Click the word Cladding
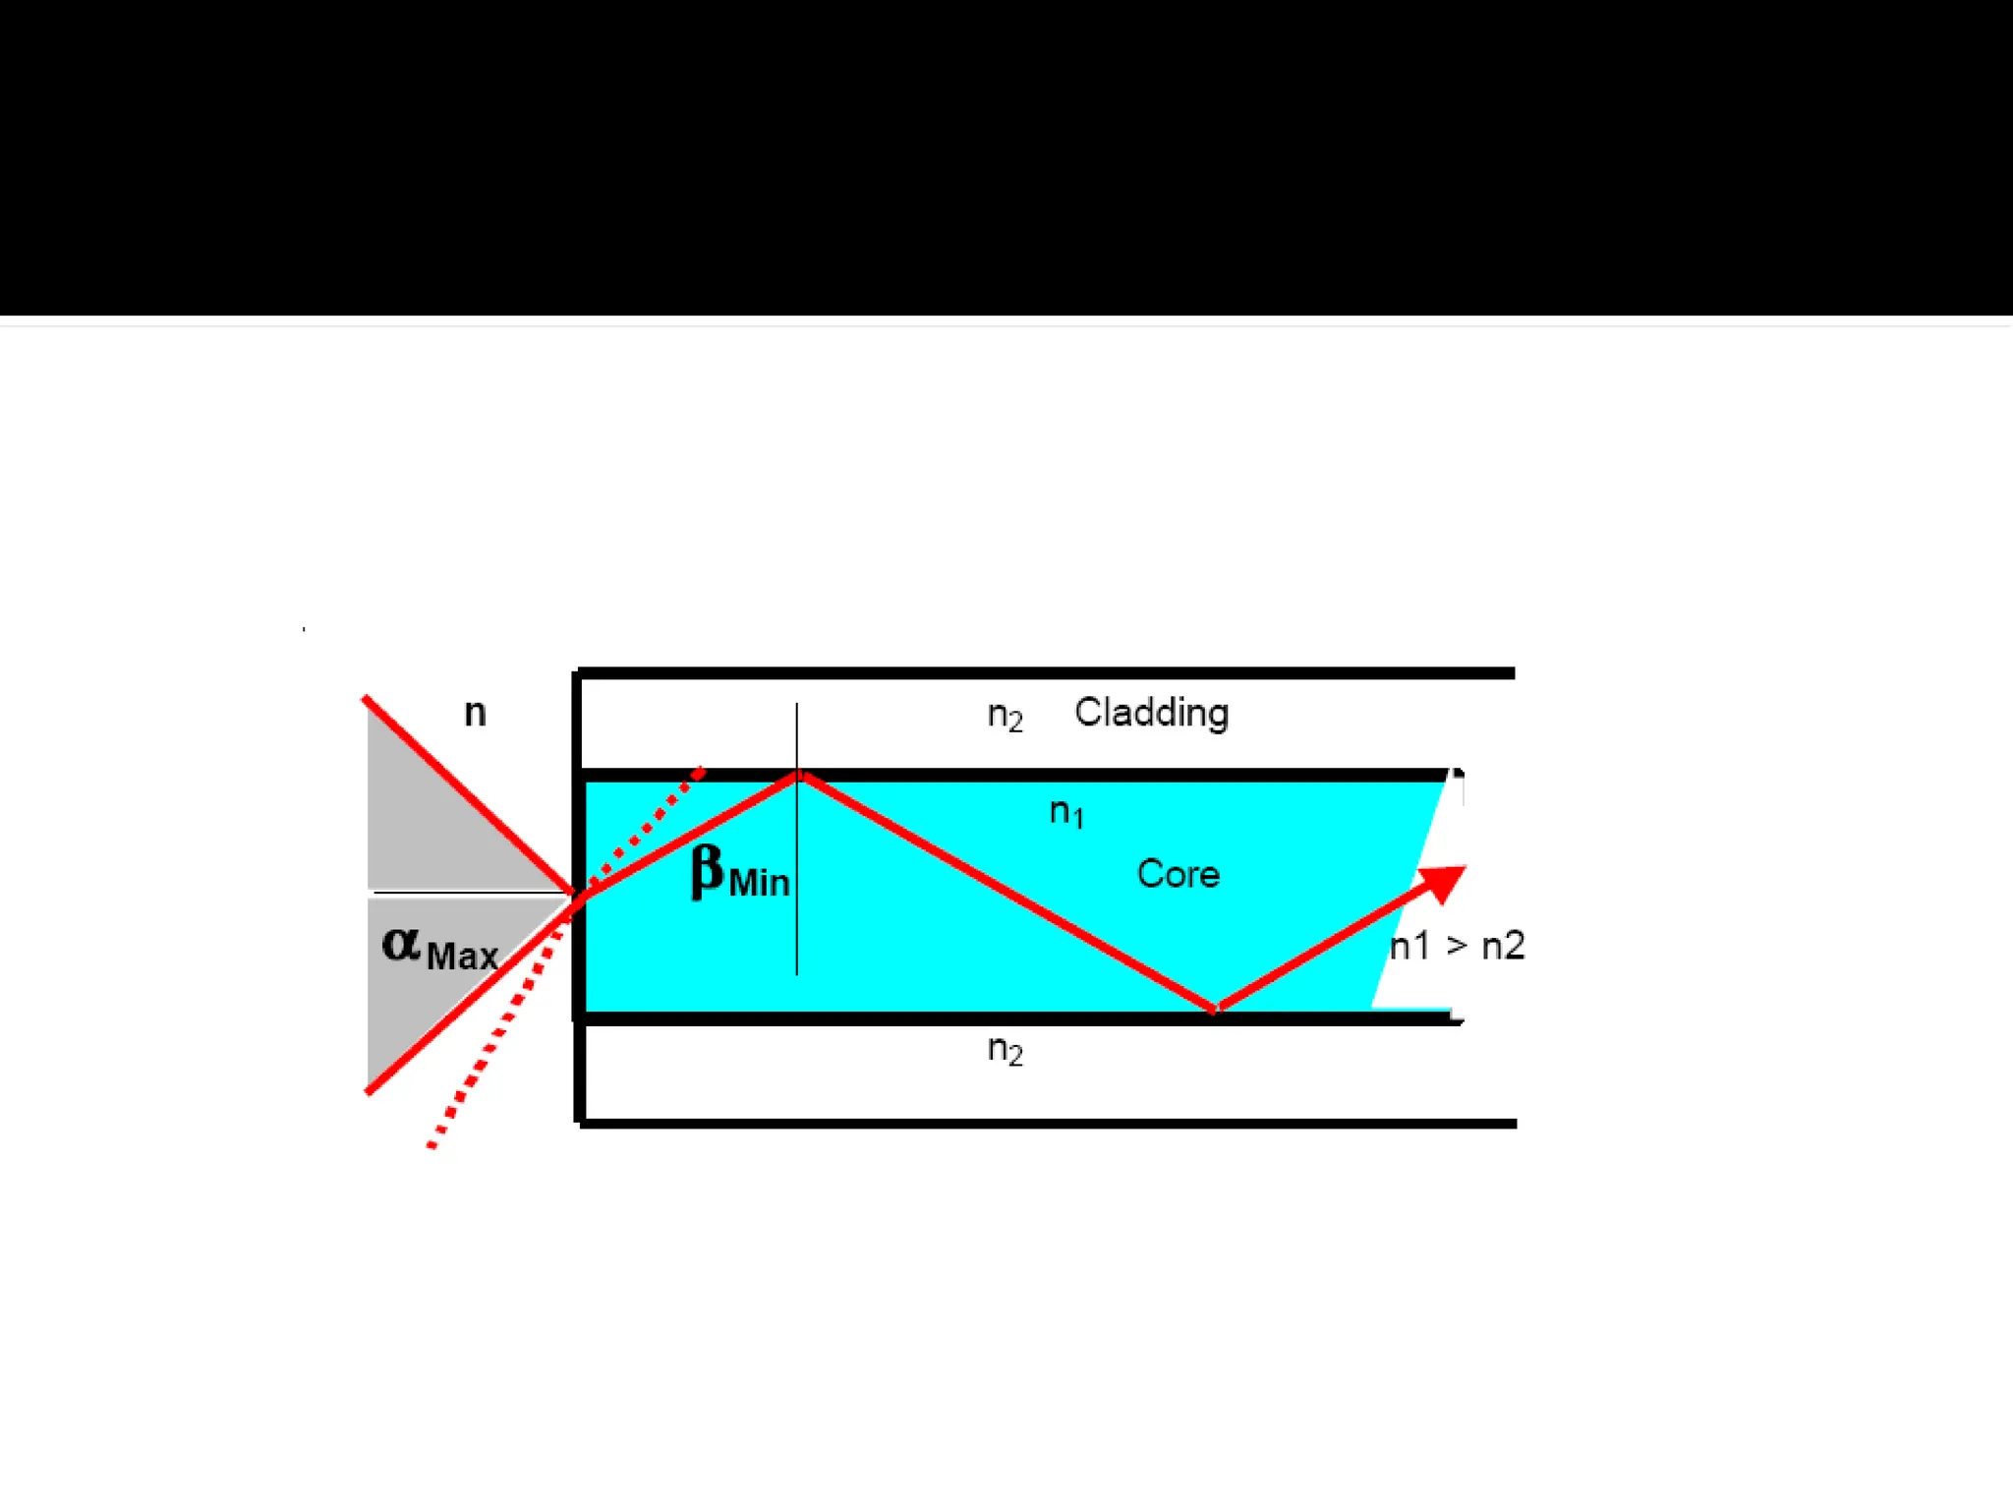tap(1151, 713)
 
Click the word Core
tap(1178, 874)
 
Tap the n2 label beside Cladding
tap(1005, 716)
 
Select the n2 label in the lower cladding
tap(1005, 1050)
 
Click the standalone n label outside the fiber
tap(475, 713)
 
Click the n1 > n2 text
tap(1457, 946)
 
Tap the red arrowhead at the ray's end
tap(1444, 882)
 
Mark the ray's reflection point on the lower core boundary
tap(1215, 1009)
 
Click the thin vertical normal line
tap(797, 924)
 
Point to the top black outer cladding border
tap(1042, 673)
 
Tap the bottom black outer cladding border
tap(1042, 1123)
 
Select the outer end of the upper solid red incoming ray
tap(367, 700)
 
